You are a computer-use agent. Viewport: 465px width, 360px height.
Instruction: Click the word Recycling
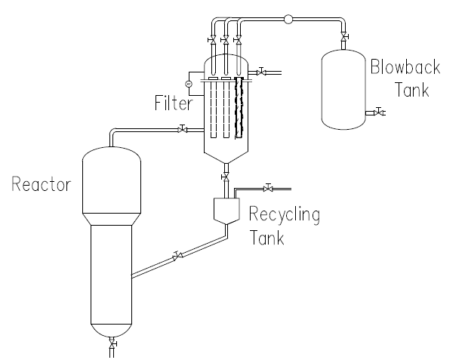pos(285,215)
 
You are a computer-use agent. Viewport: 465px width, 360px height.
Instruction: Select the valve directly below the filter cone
pos(224,176)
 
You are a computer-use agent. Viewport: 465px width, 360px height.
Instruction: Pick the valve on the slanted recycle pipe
pos(177,257)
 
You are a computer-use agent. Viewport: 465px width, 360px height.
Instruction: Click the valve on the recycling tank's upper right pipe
pos(267,186)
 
